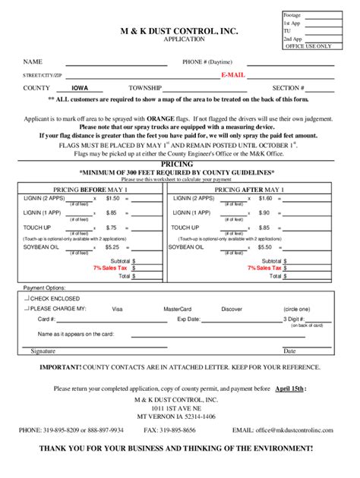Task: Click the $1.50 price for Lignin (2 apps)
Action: [112, 198]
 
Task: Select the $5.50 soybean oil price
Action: [264, 247]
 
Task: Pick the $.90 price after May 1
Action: [264, 212]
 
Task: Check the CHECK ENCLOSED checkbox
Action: [27, 299]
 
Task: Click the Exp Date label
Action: [188, 319]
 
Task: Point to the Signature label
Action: [43, 351]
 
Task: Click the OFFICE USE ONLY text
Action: [308, 46]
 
